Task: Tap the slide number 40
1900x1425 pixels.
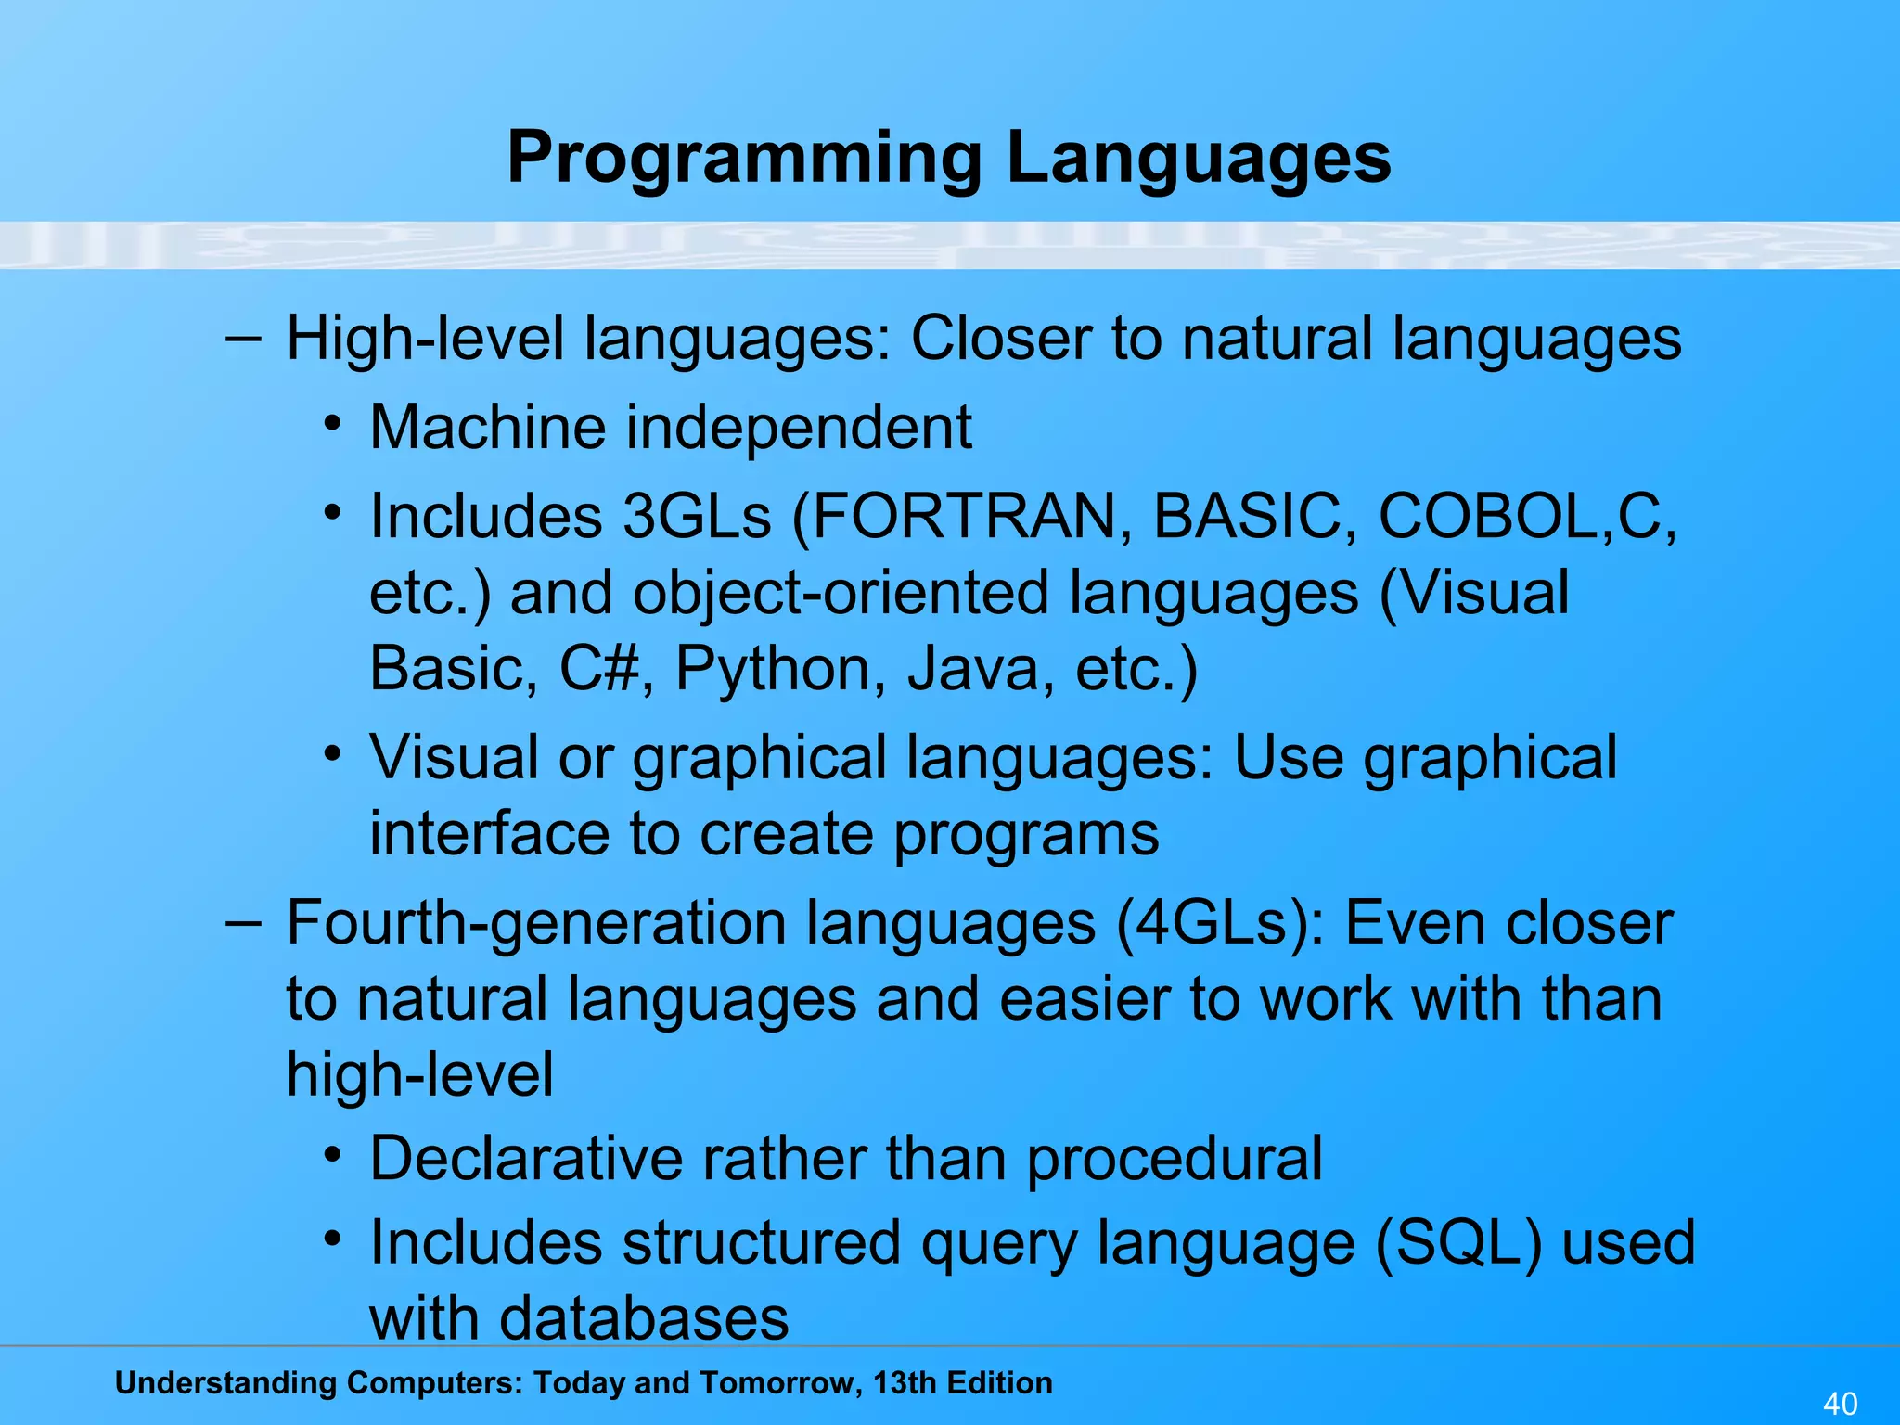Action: [x=1840, y=1403]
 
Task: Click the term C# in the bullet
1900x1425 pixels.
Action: [x=599, y=668]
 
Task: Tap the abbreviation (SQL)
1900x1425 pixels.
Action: [x=1457, y=1243]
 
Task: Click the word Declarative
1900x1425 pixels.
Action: [x=526, y=1159]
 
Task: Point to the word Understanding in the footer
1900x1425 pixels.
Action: [x=225, y=1382]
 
